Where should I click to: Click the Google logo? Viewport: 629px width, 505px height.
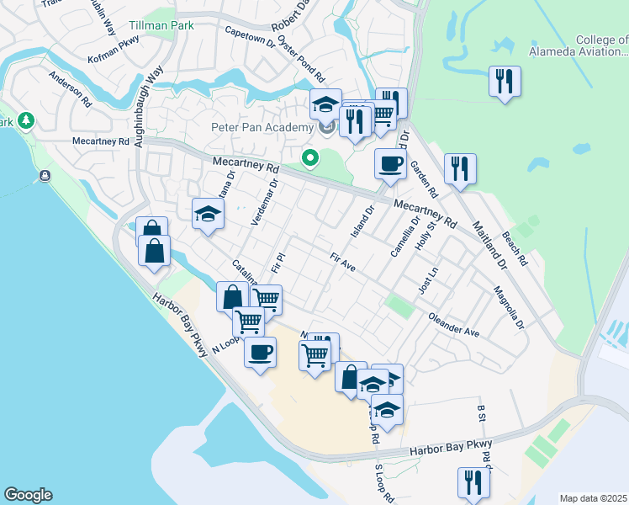point(28,495)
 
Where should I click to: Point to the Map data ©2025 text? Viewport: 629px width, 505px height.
point(594,498)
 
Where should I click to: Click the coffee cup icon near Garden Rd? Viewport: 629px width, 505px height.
point(389,164)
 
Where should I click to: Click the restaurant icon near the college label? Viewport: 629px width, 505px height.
point(505,81)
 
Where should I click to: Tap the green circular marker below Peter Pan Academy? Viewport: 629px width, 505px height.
point(310,157)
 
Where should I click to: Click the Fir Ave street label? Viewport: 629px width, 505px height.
point(343,263)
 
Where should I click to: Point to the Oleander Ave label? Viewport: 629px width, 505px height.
point(454,327)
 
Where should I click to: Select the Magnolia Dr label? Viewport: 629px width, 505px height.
point(510,309)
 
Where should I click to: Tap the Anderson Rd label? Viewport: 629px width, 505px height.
point(70,89)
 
